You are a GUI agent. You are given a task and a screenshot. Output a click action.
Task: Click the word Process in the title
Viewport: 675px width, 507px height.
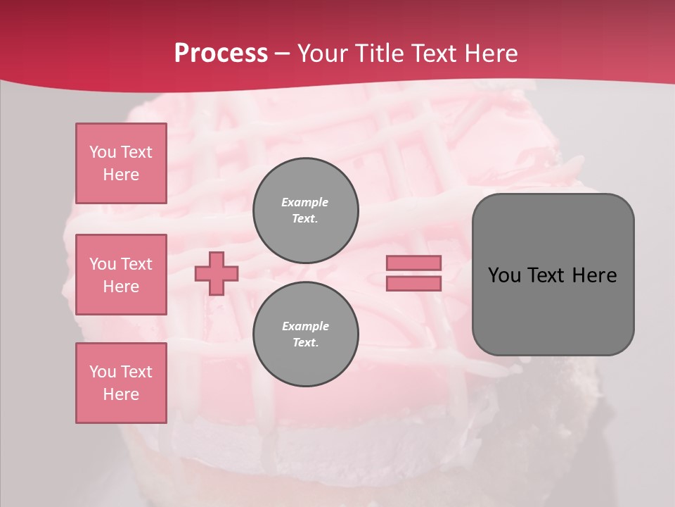click(221, 54)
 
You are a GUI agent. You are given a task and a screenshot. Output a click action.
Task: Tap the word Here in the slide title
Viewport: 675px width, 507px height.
click(487, 54)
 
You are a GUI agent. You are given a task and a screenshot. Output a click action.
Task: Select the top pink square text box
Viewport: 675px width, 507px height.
click(121, 163)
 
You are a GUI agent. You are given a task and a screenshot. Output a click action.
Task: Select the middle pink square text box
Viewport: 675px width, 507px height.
click(121, 275)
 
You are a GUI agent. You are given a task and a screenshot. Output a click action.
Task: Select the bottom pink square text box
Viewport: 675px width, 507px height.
click(121, 383)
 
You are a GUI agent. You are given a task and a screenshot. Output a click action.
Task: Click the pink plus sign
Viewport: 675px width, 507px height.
click(217, 273)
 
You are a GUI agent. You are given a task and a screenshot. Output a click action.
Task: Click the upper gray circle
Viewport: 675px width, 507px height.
click(306, 211)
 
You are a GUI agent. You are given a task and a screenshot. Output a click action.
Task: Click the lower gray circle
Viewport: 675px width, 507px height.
click(306, 334)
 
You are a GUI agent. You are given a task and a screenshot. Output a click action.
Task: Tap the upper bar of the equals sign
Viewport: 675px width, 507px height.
click(413, 263)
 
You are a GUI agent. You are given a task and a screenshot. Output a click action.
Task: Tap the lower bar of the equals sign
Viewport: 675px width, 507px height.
click(413, 284)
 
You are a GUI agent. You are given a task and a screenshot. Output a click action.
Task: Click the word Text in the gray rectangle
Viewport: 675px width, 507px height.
click(549, 275)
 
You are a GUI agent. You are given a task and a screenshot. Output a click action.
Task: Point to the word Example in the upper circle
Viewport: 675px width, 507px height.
click(305, 202)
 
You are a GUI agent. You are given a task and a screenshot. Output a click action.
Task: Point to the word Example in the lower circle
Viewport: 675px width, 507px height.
click(305, 326)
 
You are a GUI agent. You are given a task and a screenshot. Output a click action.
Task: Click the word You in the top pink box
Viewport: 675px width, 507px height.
click(103, 152)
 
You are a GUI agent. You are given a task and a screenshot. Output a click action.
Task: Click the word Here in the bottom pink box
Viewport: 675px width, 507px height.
click(121, 394)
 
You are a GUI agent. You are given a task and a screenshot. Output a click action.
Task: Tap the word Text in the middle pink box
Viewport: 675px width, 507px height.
click(136, 264)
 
